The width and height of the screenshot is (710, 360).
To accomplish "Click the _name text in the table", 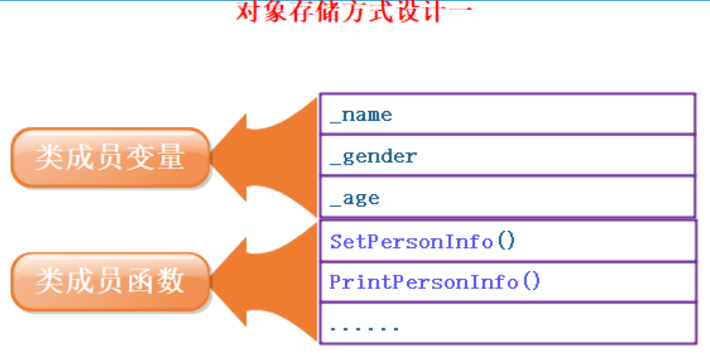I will [361, 115].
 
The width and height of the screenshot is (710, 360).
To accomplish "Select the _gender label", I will [373, 157].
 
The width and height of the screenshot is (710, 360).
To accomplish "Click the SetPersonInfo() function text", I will [422, 241].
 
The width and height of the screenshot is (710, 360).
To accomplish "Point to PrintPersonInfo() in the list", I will [434, 282].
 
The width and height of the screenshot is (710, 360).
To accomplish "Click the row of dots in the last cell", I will [364, 329].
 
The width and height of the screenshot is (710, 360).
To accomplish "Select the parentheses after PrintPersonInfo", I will [531, 282].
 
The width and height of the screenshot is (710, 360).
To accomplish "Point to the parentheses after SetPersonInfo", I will [506, 241].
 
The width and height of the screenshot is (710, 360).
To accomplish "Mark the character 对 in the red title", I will [249, 12].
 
